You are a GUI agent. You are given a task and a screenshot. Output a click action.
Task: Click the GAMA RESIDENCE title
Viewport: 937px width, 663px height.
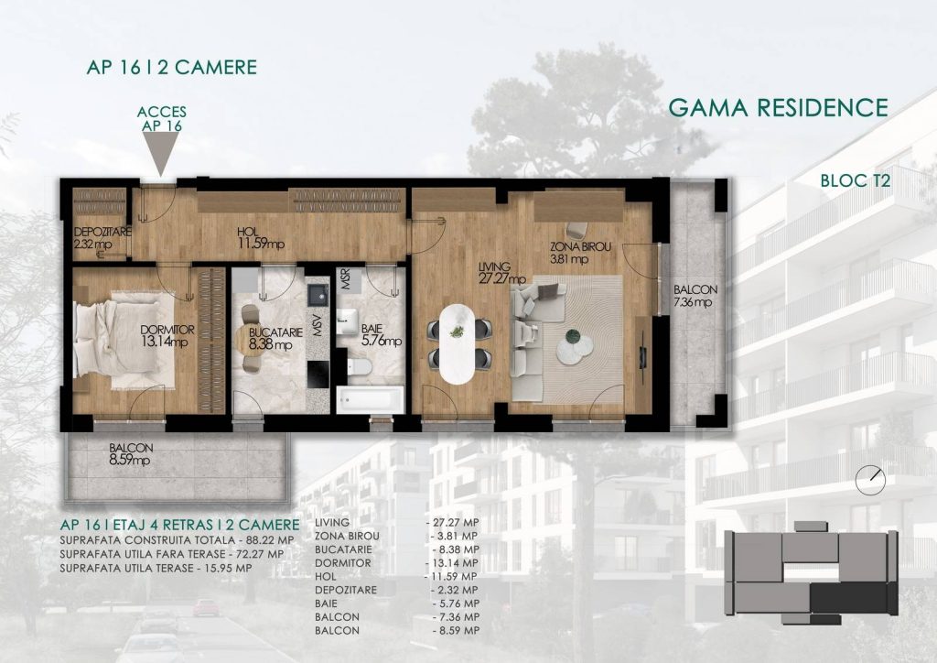tap(778, 108)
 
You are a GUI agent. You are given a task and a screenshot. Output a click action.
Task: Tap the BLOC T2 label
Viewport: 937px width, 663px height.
tap(856, 180)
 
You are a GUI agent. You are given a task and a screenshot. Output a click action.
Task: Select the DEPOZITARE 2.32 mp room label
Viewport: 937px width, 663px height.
tap(102, 238)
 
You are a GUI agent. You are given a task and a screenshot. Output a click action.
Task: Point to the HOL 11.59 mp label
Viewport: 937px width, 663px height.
tap(261, 238)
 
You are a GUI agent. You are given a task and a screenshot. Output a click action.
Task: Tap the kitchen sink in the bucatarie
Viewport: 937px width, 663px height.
tap(317, 294)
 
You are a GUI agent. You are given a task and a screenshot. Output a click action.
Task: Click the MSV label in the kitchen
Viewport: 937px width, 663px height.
tap(318, 325)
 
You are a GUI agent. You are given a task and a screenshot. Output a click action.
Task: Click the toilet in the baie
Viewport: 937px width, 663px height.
tap(359, 366)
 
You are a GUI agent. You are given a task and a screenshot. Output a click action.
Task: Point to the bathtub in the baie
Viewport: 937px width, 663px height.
tap(370, 399)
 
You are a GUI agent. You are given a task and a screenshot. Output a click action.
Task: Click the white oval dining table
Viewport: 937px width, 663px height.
tap(458, 343)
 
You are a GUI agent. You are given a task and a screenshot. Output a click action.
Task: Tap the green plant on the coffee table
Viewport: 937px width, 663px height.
tap(573, 337)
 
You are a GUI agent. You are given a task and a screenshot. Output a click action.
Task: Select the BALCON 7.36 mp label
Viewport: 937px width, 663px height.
tap(695, 296)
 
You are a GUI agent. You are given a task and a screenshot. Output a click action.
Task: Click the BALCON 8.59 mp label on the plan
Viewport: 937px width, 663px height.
tap(131, 454)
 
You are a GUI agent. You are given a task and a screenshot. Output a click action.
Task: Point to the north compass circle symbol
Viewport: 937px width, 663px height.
tap(870, 480)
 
